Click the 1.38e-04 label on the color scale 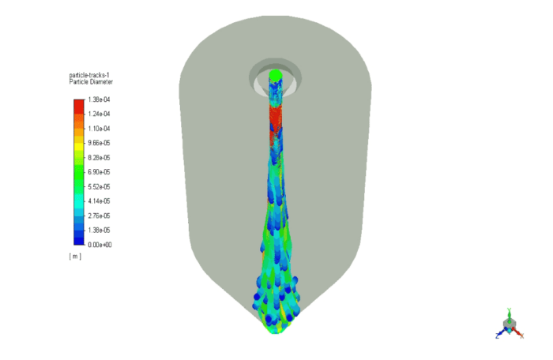99,99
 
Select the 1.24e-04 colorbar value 99,114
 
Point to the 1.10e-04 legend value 99,128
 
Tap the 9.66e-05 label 99,143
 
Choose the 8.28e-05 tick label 99,157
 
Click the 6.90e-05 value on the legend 99,171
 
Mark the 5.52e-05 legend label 99,186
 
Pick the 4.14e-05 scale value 99,201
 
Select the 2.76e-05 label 99,215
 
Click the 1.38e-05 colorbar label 99,230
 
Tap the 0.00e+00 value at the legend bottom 99,244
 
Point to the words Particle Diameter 91,82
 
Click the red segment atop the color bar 78,106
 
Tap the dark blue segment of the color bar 78,238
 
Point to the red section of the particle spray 275,118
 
